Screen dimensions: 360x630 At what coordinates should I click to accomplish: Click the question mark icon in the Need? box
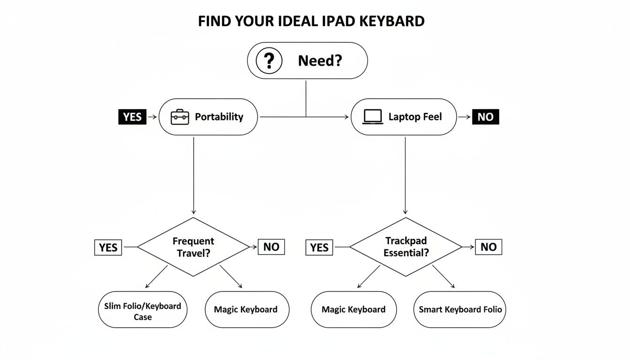269,61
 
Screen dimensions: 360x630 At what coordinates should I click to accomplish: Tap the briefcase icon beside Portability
180,117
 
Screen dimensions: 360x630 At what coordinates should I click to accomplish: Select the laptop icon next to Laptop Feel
373,117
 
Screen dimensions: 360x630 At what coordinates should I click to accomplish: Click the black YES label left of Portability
132,117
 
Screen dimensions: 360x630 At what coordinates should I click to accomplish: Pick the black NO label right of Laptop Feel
486,117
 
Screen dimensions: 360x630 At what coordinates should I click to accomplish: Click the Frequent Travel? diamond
193,247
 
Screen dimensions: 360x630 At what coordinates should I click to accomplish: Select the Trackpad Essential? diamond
406,247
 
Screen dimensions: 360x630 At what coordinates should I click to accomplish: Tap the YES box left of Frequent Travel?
108,247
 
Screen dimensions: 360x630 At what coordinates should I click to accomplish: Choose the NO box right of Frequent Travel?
271,247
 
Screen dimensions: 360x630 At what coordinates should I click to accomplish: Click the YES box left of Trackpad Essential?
320,247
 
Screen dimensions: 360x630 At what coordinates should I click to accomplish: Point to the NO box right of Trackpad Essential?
488,247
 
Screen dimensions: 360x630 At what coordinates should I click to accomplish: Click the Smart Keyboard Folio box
460,309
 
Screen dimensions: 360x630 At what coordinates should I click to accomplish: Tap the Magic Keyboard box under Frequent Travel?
246,309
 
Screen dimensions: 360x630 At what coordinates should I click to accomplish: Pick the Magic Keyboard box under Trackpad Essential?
353,309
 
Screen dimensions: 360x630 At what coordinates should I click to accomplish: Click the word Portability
219,117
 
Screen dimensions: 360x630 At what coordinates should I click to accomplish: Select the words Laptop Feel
415,117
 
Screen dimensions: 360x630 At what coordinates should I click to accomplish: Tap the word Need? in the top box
320,61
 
